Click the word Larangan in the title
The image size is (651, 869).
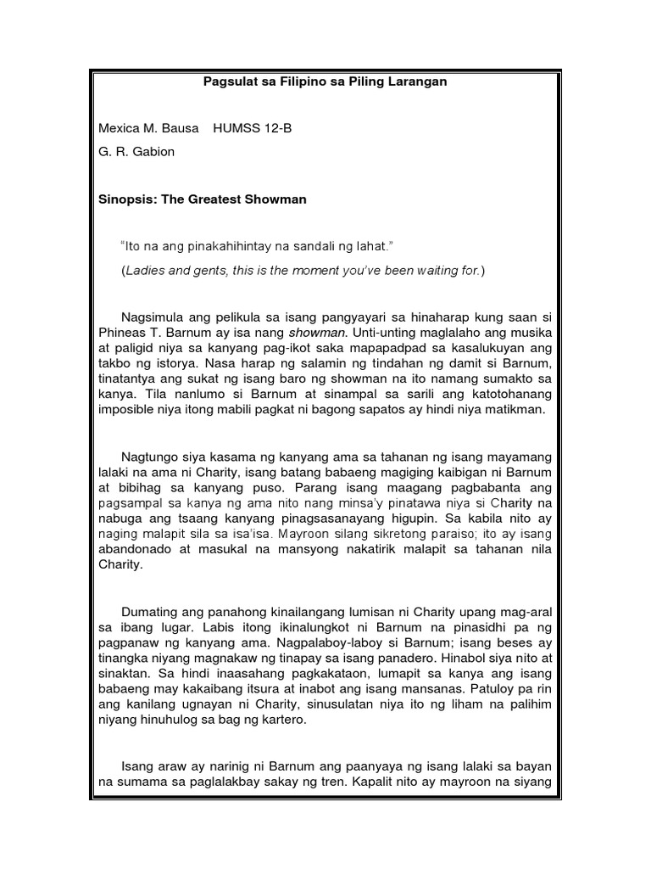[x=417, y=82]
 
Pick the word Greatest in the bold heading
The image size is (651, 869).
[x=218, y=200]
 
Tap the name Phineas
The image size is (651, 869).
[x=121, y=334]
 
